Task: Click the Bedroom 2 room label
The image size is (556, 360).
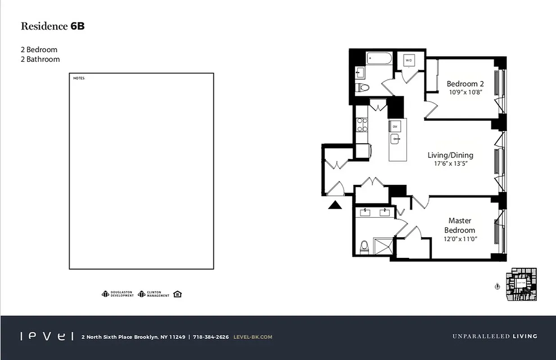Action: tap(465, 84)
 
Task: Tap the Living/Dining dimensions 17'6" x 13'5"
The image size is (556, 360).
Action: tap(450, 164)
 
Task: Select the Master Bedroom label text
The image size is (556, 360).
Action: tap(460, 225)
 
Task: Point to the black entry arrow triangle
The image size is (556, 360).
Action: tap(334, 205)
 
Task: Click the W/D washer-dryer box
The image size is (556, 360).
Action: tap(409, 60)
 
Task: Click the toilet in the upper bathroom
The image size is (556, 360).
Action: tap(362, 87)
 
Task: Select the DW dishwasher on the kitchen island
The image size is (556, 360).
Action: tap(395, 126)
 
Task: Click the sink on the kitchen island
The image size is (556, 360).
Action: tap(396, 139)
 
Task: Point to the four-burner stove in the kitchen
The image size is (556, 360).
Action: tap(362, 125)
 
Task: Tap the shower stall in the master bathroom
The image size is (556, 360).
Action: tap(382, 245)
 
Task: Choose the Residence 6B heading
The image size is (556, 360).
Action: tap(53, 26)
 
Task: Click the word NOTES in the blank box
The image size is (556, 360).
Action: tap(79, 78)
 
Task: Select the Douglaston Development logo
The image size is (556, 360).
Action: tap(118, 294)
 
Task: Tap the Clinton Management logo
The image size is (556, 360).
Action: tap(154, 294)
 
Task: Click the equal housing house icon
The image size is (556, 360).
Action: tap(177, 294)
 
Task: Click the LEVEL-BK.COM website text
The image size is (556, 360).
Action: tap(253, 337)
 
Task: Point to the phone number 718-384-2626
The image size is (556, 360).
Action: tap(211, 337)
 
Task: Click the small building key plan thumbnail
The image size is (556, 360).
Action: tap(521, 284)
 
